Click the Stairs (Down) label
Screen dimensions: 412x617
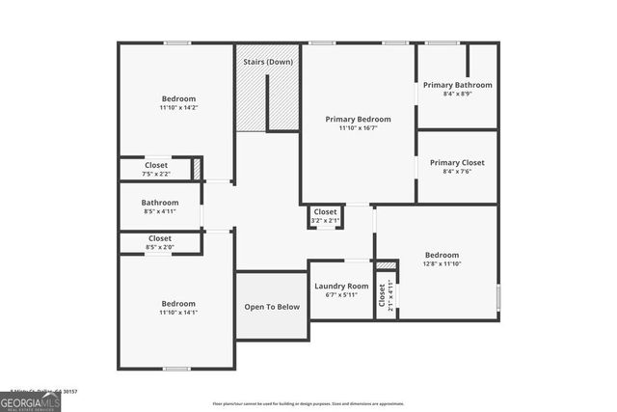coord(268,62)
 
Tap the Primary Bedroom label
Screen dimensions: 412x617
coord(358,119)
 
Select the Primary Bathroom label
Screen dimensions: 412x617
coord(457,85)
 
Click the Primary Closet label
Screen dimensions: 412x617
coord(457,163)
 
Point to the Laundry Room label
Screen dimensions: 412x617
coord(341,287)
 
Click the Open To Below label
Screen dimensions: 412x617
coord(272,307)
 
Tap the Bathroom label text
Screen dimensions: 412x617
coord(160,203)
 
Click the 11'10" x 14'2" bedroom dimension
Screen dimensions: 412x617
coord(178,108)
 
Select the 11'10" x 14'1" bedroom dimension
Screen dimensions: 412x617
coord(178,313)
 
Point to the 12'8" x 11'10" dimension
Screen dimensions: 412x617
coord(443,263)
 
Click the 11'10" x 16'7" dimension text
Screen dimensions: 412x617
coord(358,128)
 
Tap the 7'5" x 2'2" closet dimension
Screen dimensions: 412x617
coord(156,174)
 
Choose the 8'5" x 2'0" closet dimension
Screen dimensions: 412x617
coord(160,247)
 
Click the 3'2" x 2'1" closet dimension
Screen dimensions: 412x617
coord(326,220)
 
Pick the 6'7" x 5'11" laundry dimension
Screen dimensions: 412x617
coord(341,295)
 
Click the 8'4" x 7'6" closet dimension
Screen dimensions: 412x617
coord(457,173)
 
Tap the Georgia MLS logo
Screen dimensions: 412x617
coord(30,400)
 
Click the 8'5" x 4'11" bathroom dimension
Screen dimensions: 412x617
coord(160,211)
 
